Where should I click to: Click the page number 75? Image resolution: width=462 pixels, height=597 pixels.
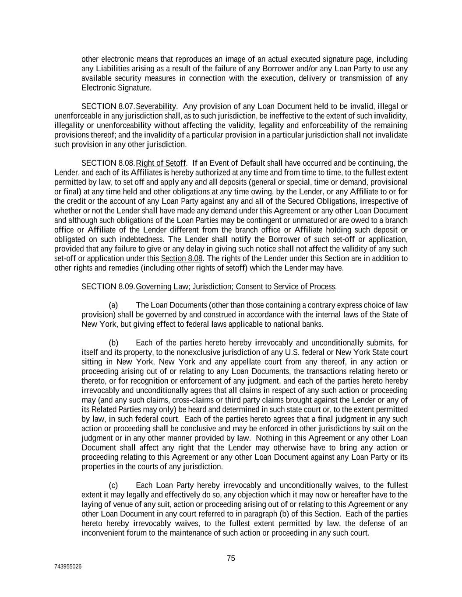(231, 558)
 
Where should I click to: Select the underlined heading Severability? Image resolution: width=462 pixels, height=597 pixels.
(156, 106)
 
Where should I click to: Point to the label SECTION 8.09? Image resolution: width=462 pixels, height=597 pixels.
(108, 286)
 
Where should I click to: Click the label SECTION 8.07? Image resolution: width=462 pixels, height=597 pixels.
(108, 106)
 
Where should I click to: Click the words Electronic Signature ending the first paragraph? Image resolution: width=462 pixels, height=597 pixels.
(116, 87)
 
